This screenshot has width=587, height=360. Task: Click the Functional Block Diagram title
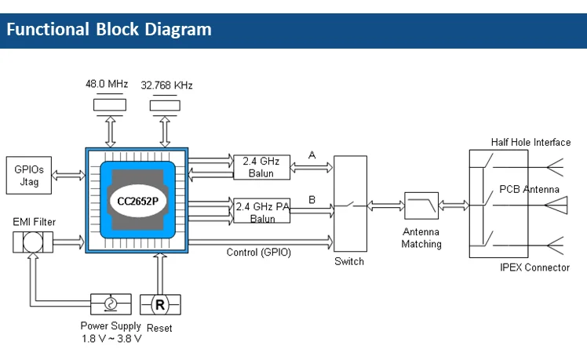[x=109, y=30]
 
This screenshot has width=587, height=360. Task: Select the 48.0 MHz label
[x=108, y=84]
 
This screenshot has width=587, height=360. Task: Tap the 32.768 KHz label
[x=166, y=85]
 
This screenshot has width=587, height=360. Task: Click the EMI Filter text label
[x=34, y=223]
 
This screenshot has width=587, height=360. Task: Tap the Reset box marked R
[x=159, y=304]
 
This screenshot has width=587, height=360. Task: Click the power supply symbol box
[x=111, y=304]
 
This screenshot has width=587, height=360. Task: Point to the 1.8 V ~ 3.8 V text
[x=111, y=339]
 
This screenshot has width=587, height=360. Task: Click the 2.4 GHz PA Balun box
[x=262, y=211]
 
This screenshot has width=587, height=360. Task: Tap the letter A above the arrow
[x=312, y=155]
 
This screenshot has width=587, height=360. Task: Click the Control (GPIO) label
[x=258, y=252]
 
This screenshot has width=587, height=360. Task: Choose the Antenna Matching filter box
[x=421, y=206]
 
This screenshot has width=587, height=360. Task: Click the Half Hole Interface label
[x=530, y=141]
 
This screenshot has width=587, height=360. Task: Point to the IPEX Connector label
[x=534, y=267]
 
